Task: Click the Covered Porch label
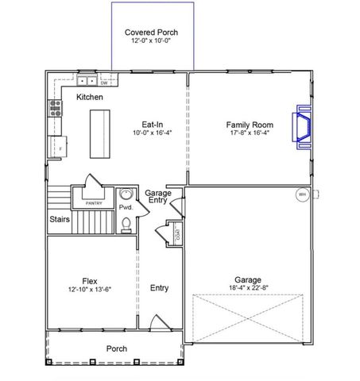[x=151, y=33]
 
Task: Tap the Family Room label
[x=250, y=125]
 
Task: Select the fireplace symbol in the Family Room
[x=303, y=129]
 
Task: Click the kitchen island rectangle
[x=100, y=133]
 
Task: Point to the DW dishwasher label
[x=104, y=82]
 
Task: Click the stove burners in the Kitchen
[x=56, y=108]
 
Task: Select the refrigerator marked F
[x=58, y=147]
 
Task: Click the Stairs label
[x=59, y=219]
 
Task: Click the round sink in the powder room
[x=126, y=195]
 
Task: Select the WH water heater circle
[x=302, y=194]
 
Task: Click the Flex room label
[x=89, y=280]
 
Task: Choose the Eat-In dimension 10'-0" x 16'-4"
[x=153, y=133]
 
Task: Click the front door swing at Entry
[x=157, y=324]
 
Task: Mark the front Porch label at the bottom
[x=116, y=348]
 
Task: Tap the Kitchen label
[x=90, y=97]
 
